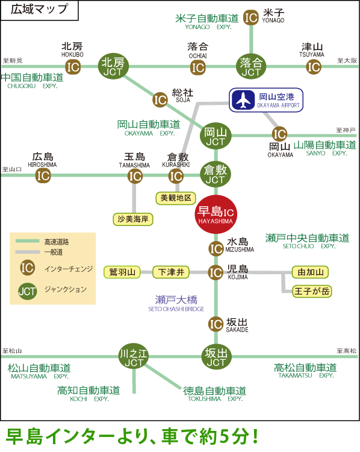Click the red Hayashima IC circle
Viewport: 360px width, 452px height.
(216, 214)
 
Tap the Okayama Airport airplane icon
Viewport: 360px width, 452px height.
(243, 100)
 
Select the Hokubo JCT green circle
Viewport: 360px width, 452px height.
(113, 66)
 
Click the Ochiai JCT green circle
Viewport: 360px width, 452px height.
(251, 66)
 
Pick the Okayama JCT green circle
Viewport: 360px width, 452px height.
(216, 136)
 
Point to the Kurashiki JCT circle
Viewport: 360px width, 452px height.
(216, 174)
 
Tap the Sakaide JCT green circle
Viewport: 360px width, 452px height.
(216, 357)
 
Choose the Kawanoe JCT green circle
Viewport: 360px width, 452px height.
(134, 357)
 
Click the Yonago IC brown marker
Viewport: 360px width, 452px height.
(251, 17)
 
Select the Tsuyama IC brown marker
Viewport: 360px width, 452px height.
(313, 67)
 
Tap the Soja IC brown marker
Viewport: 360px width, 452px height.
(160, 99)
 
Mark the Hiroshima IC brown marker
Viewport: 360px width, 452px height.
(43, 175)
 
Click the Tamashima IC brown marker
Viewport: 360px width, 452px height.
(135, 176)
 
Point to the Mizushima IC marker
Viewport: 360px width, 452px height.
(216, 248)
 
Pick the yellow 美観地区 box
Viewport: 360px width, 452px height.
(176, 198)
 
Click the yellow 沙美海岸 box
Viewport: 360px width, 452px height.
(133, 219)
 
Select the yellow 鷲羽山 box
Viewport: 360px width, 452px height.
(122, 272)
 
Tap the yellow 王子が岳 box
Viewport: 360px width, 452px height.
(312, 291)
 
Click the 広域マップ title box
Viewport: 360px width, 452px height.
(40, 10)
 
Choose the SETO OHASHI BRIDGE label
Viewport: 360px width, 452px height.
(176, 309)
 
